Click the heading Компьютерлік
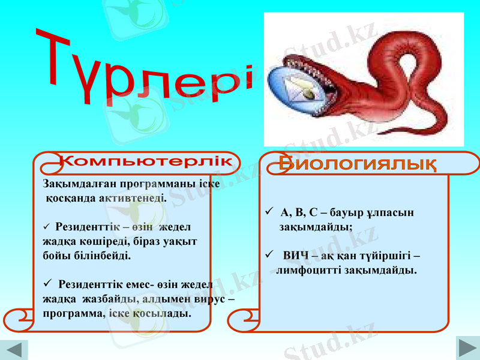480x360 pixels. pos(146,161)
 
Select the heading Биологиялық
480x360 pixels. pos(357,163)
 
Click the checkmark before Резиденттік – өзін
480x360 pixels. pos(47,226)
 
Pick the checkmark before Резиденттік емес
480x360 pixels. pos(49,283)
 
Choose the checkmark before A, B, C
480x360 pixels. pos(269,212)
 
